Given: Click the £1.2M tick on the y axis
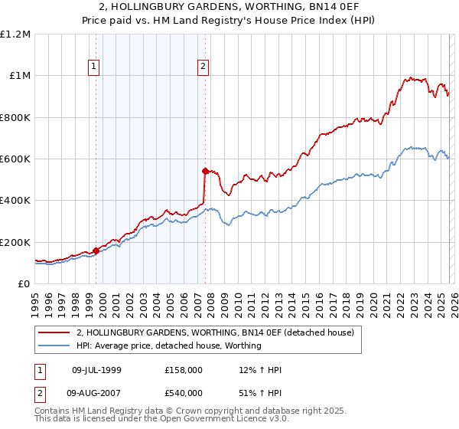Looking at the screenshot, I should tap(15, 34).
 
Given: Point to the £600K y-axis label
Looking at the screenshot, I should tap(15, 159).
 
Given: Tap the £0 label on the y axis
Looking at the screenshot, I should tap(24, 284).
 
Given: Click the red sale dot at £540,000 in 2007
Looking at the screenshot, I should tap(205, 171).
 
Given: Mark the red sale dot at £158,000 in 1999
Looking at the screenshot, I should tap(96, 251).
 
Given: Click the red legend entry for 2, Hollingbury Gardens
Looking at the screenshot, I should tap(215, 333).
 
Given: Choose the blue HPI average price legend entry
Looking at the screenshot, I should tap(169, 346).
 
